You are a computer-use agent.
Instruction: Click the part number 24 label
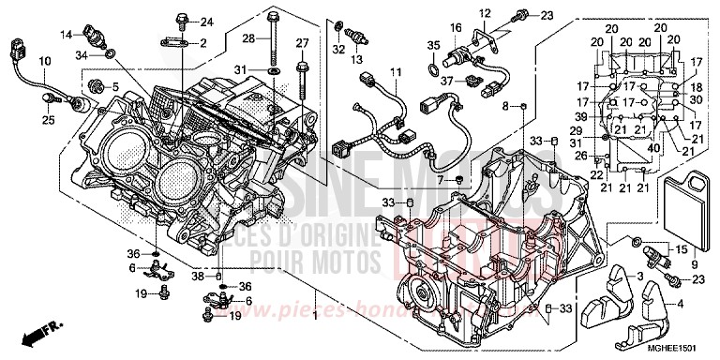(207, 22)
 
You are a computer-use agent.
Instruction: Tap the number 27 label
(302, 43)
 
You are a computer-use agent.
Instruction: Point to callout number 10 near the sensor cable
(43, 61)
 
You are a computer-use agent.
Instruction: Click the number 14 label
(67, 36)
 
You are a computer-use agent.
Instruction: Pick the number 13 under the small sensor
(357, 61)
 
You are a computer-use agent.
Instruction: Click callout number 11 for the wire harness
(396, 73)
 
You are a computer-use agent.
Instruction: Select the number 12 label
(485, 13)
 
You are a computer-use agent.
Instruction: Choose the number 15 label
(682, 248)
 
